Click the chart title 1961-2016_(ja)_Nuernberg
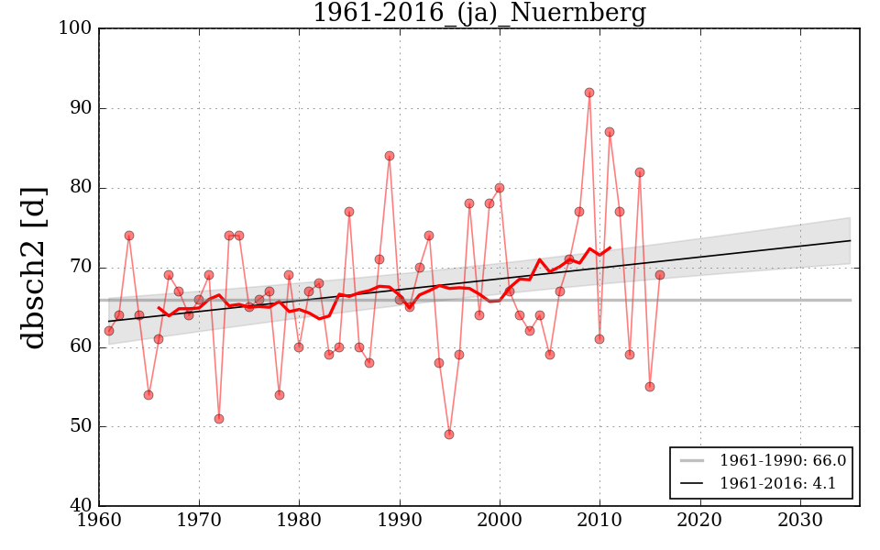(478, 14)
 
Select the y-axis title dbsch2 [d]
(34, 267)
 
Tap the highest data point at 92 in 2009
(589, 93)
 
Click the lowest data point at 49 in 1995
(449, 434)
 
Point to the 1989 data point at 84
(390, 156)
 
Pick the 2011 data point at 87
(610, 132)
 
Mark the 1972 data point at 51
(219, 419)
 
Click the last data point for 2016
(660, 275)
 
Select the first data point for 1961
(109, 331)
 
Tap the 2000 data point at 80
(500, 188)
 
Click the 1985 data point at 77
(349, 212)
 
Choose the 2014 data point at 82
(640, 172)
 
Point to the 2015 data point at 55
(650, 387)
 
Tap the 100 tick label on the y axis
(76, 28)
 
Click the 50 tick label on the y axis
(80, 426)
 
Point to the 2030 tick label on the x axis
(801, 521)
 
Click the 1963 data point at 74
(129, 236)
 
